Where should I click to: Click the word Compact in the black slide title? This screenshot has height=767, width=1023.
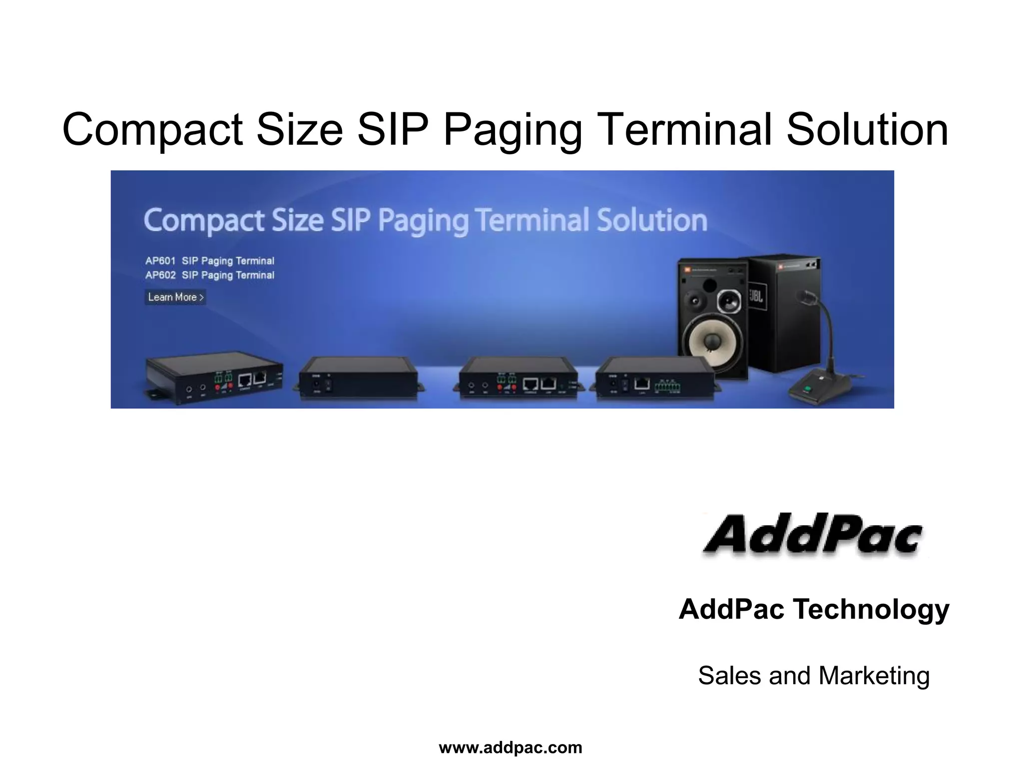[x=152, y=130]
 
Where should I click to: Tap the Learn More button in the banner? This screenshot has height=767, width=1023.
[x=175, y=297]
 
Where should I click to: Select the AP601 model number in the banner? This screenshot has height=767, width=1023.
[x=160, y=261]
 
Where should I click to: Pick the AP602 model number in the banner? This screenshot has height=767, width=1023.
[x=160, y=275]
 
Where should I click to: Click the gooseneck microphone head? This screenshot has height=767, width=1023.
[x=808, y=298]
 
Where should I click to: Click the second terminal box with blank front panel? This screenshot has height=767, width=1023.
[x=358, y=378]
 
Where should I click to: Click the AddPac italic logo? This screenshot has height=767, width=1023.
[x=813, y=535]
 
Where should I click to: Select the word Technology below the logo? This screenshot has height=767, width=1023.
[x=871, y=609]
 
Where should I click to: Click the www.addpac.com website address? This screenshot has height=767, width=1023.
[x=511, y=748]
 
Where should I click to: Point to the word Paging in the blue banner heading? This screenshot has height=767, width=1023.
[x=423, y=221]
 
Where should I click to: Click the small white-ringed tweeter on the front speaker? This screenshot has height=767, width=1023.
[x=729, y=302]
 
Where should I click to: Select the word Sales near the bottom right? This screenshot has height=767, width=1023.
[x=729, y=676]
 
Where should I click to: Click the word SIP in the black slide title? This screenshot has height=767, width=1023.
[x=393, y=130]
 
